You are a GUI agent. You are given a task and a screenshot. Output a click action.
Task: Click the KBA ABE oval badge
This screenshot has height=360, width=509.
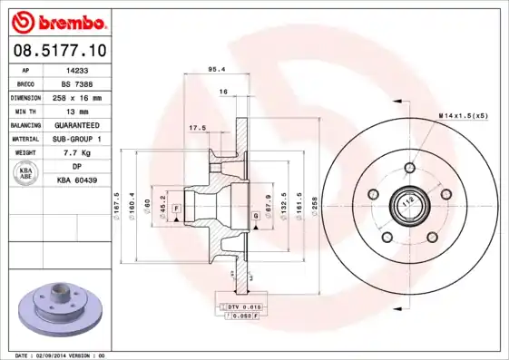pos(26,173)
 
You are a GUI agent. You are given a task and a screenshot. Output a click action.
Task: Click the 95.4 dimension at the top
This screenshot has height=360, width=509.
pos(217,69)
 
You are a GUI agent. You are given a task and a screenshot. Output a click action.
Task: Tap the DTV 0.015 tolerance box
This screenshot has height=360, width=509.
pos(238,309)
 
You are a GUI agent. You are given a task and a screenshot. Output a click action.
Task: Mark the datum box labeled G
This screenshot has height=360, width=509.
pos(256,215)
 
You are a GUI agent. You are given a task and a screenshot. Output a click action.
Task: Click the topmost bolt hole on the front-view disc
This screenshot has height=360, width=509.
pos(409,169)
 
